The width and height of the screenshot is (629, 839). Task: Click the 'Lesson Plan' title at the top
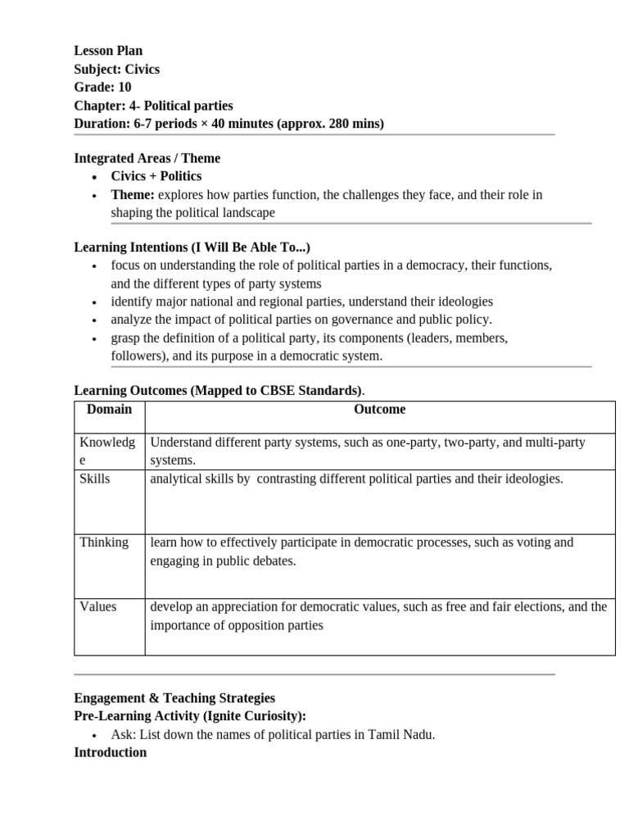(x=108, y=51)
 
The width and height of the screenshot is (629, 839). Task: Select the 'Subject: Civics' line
(x=116, y=69)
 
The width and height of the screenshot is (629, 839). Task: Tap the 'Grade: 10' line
(x=102, y=87)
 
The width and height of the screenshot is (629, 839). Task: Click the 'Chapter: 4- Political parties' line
(x=153, y=106)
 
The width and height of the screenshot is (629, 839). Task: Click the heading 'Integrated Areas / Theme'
(x=147, y=158)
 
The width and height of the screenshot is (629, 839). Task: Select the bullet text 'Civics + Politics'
(x=156, y=176)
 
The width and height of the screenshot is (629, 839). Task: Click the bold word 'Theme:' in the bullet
(x=133, y=195)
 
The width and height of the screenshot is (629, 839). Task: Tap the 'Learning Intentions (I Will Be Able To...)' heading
(x=192, y=247)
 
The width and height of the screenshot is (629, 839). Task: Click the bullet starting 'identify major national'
(x=301, y=302)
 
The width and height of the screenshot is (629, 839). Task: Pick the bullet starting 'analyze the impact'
(x=301, y=320)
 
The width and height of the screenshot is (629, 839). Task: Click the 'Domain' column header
(x=109, y=410)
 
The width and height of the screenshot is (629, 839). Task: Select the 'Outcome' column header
(x=379, y=410)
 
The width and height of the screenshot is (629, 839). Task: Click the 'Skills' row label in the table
(x=95, y=478)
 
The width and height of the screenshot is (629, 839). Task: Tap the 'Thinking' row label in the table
(x=104, y=542)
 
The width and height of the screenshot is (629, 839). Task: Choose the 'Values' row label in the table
(x=98, y=607)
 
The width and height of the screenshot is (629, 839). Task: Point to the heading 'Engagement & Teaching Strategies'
(x=174, y=698)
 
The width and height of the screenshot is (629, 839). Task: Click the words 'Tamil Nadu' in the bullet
(x=406, y=734)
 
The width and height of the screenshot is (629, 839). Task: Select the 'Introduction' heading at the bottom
(x=111, y=752)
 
